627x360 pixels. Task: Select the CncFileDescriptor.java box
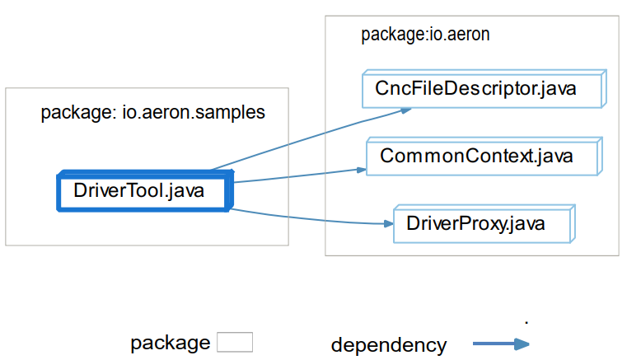[484, 89]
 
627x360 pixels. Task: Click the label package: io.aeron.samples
[152, 113]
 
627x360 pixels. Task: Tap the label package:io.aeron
[425, 35]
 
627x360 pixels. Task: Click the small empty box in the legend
[235, 343]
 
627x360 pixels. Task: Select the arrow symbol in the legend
[500, 344]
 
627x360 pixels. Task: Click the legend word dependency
[389, 345]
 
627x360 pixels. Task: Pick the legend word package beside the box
[171, 344]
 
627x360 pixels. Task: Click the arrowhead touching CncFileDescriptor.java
[406, 109]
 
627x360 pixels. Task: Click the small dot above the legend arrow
[526, 319]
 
